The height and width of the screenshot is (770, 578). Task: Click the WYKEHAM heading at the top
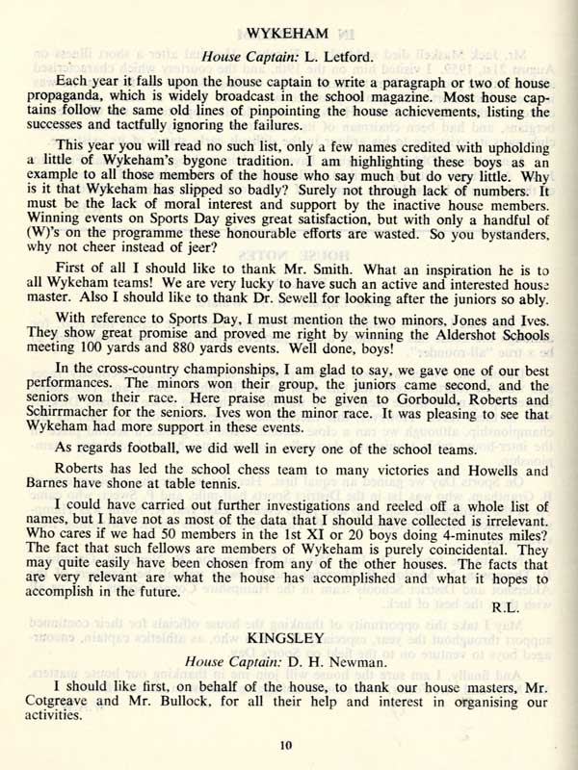tap(290, 35)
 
